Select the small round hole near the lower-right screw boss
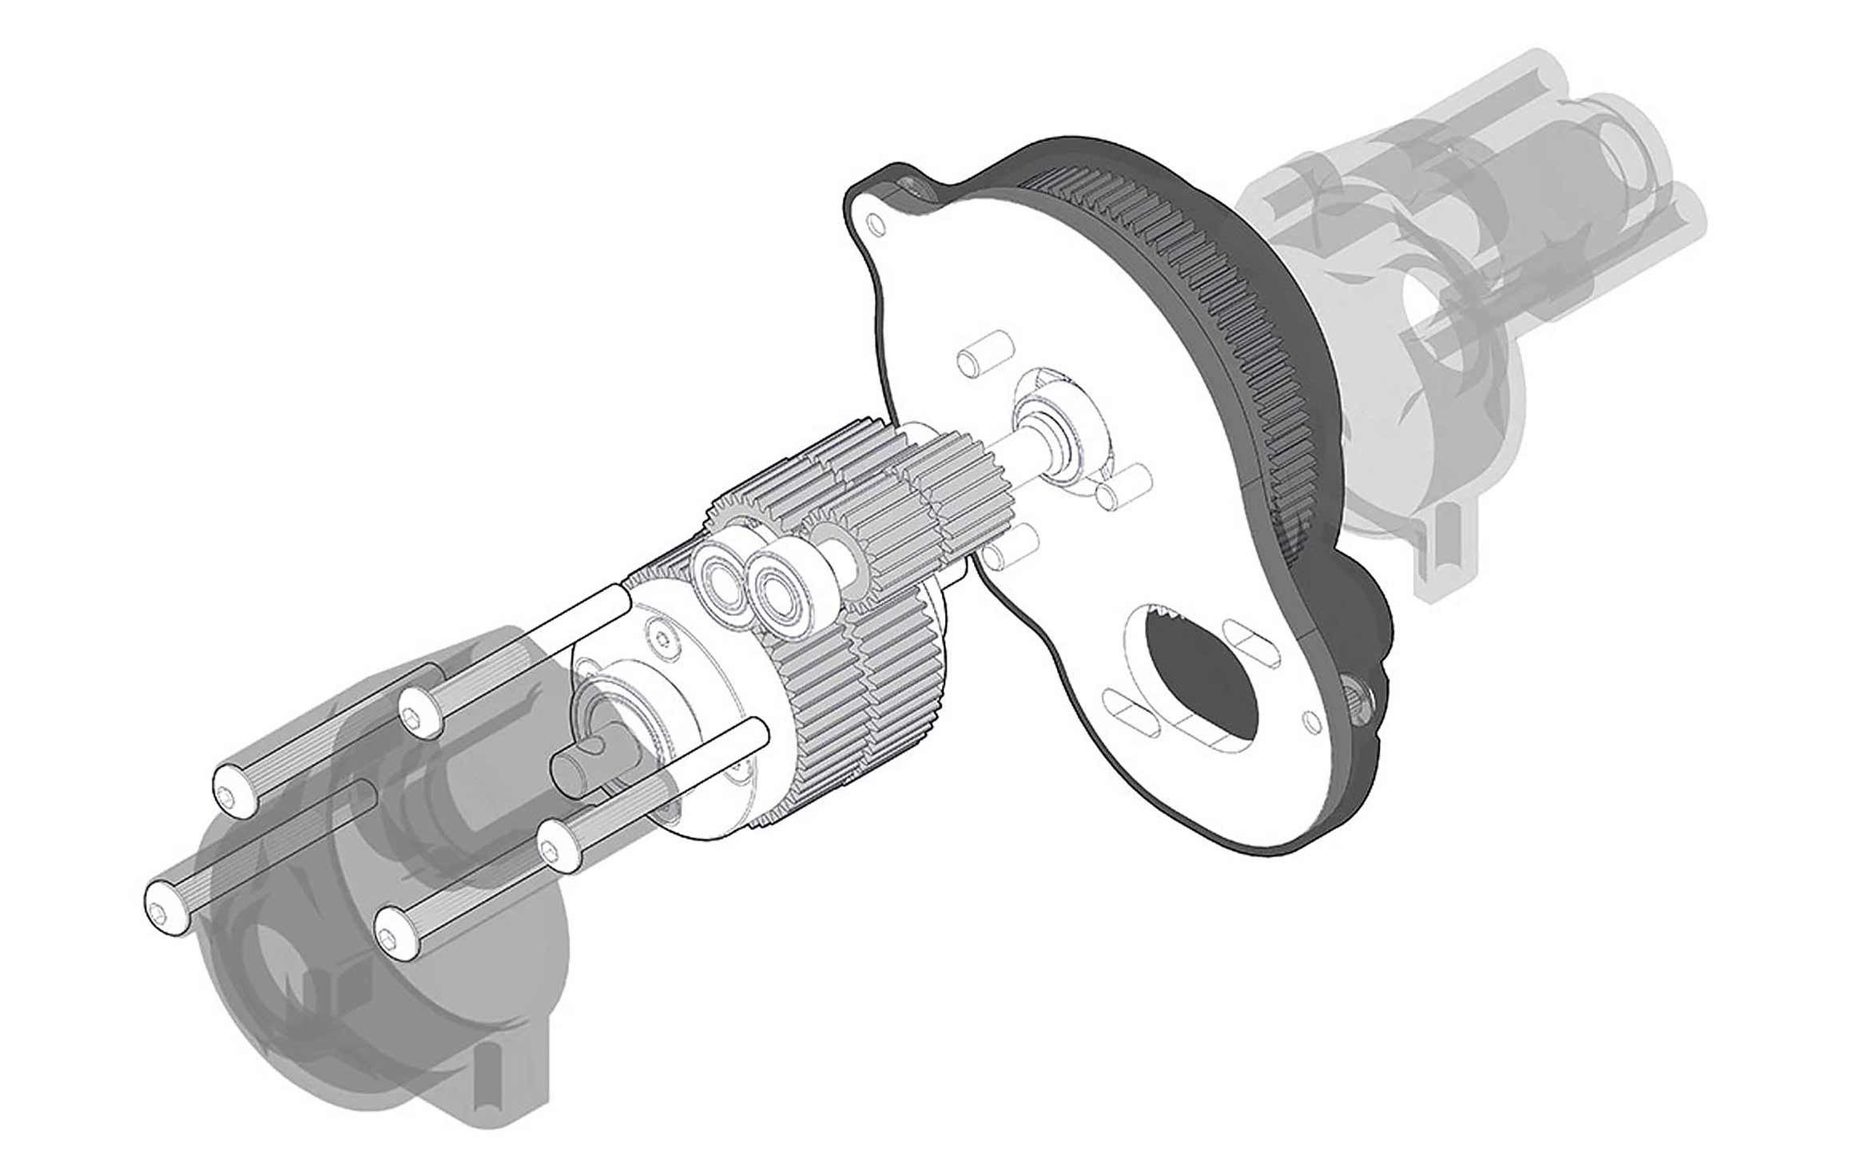[x=1310, y=722]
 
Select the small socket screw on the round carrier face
[x=662, y=637]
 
